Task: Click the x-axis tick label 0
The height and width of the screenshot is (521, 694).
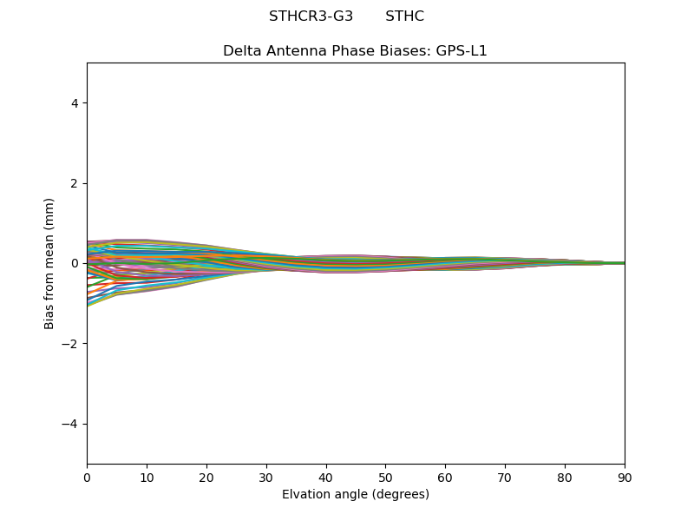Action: [87, 478]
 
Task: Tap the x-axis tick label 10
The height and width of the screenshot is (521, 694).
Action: [147, 478]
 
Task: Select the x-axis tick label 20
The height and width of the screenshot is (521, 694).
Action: [206, 478]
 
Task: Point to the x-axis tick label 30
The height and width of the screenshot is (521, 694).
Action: [266, 478]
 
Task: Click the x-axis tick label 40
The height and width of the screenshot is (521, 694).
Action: [326, 478]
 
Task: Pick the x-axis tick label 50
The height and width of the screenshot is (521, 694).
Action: [385, 478]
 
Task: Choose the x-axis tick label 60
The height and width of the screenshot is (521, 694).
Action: [445, 478]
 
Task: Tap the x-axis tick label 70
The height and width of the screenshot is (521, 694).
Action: [505, 478]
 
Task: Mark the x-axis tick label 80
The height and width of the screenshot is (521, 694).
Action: [565, 478]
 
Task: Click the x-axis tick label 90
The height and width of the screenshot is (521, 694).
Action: [625, 478]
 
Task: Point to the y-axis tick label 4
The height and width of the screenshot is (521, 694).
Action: [75, 103]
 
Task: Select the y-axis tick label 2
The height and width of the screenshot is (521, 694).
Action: [75, 183]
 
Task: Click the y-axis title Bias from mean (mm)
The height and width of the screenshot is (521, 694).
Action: [50, 263]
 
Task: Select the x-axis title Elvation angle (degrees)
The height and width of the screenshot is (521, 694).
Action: [356, 495]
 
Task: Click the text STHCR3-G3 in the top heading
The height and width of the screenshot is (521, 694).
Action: [311, 16]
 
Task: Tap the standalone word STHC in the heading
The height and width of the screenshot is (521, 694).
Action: [404, 16]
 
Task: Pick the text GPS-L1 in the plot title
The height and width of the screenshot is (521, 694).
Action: [462, 51]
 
